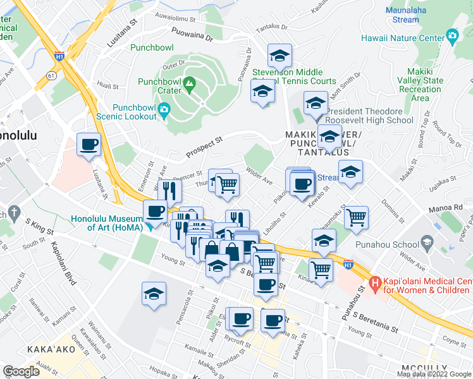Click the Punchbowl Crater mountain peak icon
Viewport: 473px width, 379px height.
click(188, 83)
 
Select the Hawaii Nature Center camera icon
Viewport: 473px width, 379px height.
click(452, 37)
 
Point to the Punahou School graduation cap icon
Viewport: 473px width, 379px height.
click(427, 243)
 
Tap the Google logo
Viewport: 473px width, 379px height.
click(21, 371)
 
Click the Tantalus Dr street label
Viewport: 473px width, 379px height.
click(271, 28)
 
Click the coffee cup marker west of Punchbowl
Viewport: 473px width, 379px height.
click(89, 145)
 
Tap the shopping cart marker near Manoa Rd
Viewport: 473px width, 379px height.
click(357, 217)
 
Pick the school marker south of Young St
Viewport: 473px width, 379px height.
click(154, 295)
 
